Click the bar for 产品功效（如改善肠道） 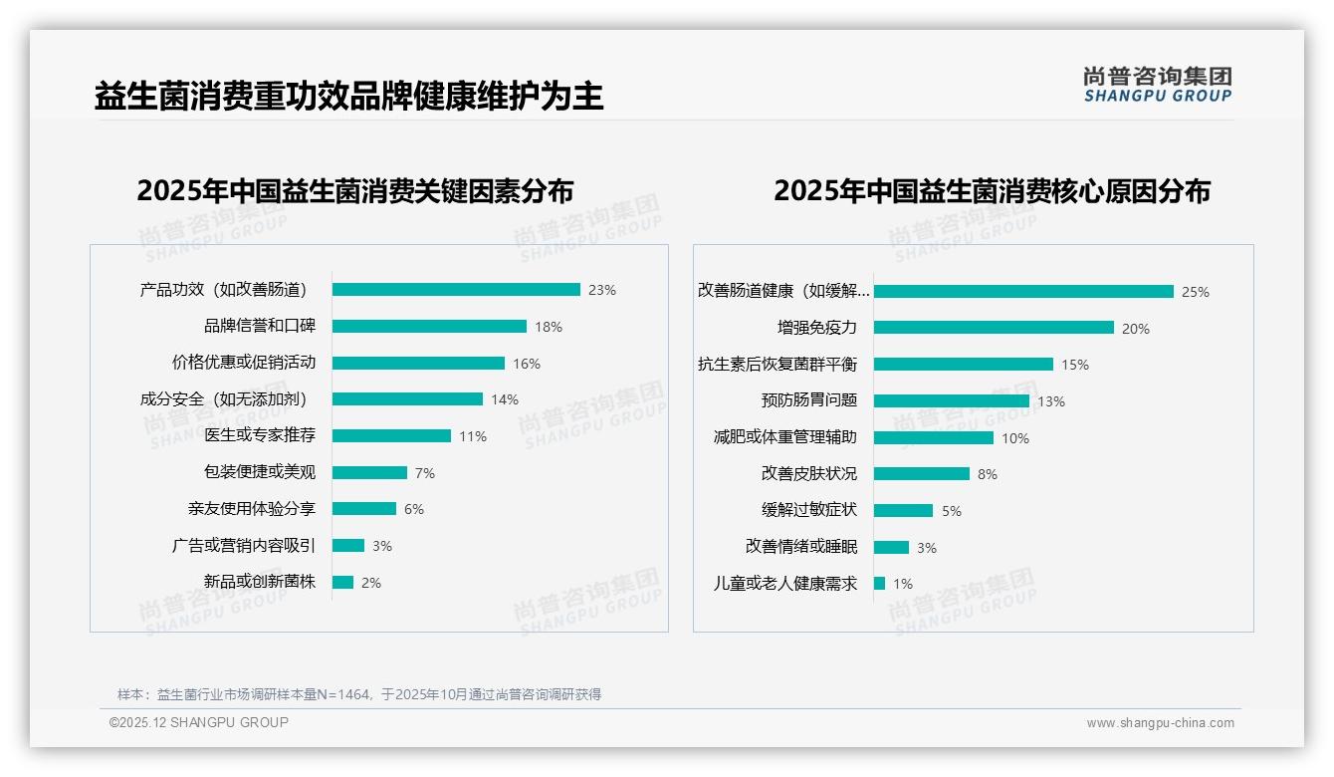coord(456,290)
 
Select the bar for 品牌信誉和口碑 coord(429,327)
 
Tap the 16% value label coord(527,364)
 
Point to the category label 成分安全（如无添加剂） coord(223,399)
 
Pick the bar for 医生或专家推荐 coord(391,436)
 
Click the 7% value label coord(425,473)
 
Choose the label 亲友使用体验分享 coord(251,509)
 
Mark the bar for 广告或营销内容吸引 coord(348,546)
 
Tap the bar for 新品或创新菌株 coord(342,583)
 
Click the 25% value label coord(1195,292)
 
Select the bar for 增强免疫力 coord(994,328)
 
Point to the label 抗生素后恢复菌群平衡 coord(777,365)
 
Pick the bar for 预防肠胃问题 coord(952,400)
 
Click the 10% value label coord(1015,438)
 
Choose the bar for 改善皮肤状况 coord(922,474)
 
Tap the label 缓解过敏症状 coord(808,510)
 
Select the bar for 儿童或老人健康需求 coord(880,584)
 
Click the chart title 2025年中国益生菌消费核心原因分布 coord(992,190)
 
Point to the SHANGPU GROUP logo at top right coord(1157,85)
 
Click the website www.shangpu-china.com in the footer coord(1160,723)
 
